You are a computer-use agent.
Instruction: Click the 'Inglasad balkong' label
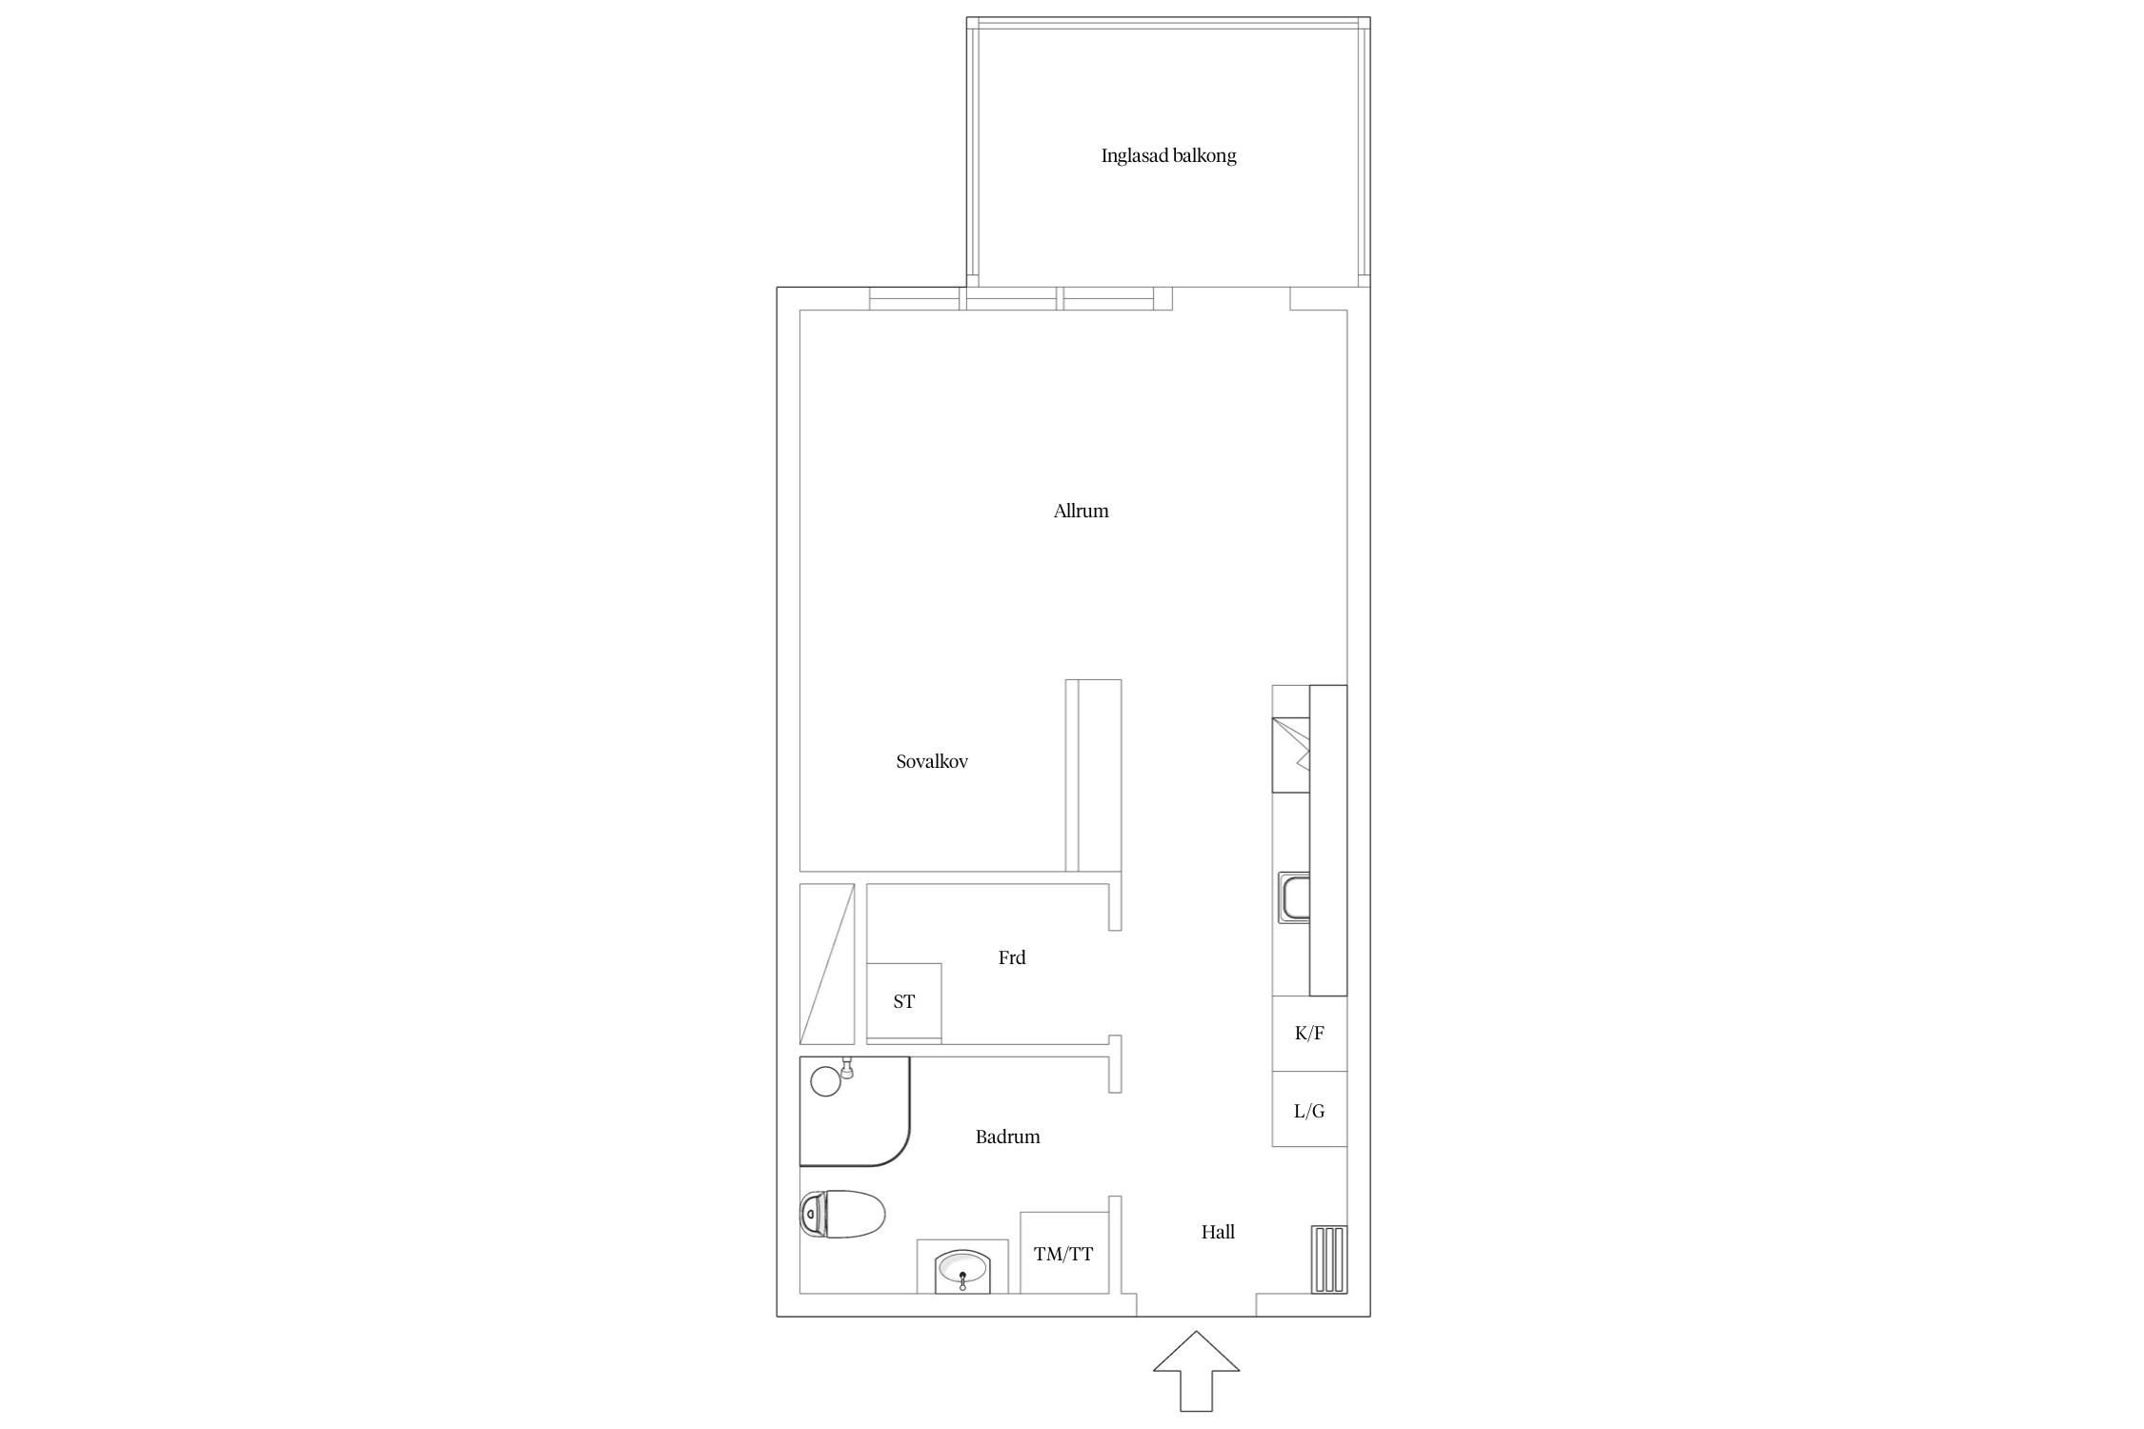pyautogui.click(x=1168, y=156)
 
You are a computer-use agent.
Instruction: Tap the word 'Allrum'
pyautogui.click(x=1081, y=511)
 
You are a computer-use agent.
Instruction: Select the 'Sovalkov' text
pyautogui.click(x=932, y=761)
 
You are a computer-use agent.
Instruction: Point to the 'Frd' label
pyautogui.click(x=1012, y=957)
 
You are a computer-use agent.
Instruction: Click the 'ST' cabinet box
pyautogui.click(x=904, y=1001)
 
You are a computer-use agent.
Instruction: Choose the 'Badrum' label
pyautogui.click(x=1007, y=1137)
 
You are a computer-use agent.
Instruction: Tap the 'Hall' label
pyautogui.click(x=1218, y=1232)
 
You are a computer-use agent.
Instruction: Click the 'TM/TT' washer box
pyautogui.click(x=1063, y=1253)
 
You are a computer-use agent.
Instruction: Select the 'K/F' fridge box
pyautogui.click(x=1309, y=1034)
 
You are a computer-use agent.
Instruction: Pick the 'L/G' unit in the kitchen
pyautogui.click(x=1309, y=1109)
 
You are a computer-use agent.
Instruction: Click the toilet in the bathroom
pyautogui.click(x=842, y=1214)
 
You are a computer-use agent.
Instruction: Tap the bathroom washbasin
pyautogui.click(x=962, y=1268)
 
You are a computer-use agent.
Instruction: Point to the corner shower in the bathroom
pyautogui.click(x=855, y=1112)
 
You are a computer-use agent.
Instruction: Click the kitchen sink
pyautogui.click(x=1293, y=898)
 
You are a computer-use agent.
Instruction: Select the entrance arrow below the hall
pyautogui.click(x=1196, y=1371)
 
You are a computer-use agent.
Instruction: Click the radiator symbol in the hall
pyautogui.click(x=1329, y=1258)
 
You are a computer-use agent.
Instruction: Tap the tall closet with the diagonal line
pyautogui.click(x=827, y=964)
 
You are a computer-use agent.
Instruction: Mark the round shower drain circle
pyautogui.click(x=825, y=1080)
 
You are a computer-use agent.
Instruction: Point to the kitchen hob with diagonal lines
pyautogui.click(x=1291, y=755)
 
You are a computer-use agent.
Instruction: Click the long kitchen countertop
pyautogui.click(x=1328, y=840)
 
